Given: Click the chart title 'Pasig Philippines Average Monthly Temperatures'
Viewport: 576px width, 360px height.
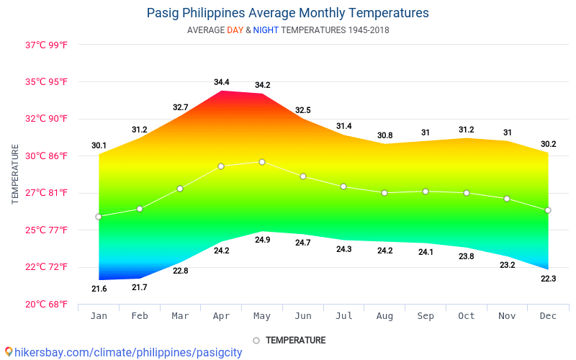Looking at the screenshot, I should click(x=287, y=13).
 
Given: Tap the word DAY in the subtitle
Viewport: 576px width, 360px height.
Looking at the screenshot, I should click(x=235, y=30).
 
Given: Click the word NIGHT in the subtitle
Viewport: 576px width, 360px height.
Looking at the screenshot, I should click(x=266, y=30).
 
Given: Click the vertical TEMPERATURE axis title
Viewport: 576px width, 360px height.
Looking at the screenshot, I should click(x=15, y=174).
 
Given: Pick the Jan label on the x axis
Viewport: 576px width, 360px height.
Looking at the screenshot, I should click(x=99, y=316).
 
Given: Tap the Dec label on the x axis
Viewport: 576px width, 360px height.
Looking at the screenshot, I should click(x=548, y=316).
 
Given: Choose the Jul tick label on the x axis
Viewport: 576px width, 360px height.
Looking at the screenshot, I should click(x=344, y=316).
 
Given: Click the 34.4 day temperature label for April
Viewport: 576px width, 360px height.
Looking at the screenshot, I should click(x=221, y=82).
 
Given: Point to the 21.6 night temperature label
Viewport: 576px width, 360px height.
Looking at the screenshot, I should click(x=99, y=289).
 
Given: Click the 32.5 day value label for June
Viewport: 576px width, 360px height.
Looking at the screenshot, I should click(x=303, y=110).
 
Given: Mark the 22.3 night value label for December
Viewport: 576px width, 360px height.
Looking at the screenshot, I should click(x=548, y=278).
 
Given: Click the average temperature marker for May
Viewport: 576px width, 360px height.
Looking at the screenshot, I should click(x=262, y=162).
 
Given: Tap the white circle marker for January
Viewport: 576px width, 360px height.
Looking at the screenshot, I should click(x=99, y=217).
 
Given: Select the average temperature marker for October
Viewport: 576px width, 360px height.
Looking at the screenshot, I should click(x=467, y=193).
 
